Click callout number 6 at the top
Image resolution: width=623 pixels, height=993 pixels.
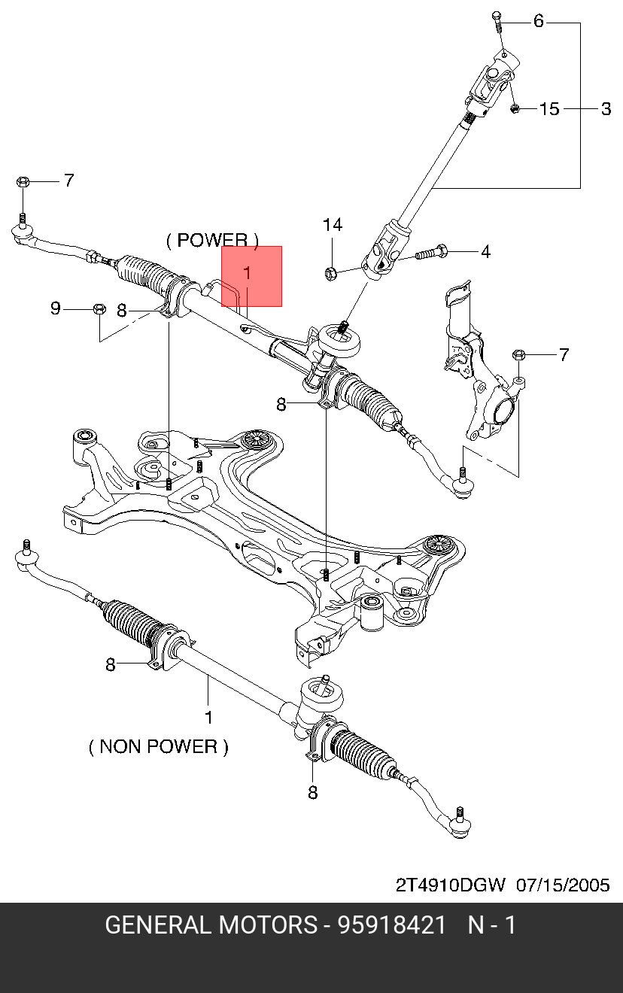(538, 21)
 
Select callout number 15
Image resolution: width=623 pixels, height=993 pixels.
(550, 109)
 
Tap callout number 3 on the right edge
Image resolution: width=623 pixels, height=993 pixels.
(606, 109)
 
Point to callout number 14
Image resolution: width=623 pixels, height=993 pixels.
(333, 225)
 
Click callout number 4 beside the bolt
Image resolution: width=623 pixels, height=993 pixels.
(485, 251)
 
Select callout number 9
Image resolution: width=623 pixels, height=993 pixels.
(55, 308)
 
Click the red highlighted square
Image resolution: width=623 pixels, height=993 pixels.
(251, 276)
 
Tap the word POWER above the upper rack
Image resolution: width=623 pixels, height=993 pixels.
(212, 241)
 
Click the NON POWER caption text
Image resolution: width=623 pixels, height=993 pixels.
(158, 746)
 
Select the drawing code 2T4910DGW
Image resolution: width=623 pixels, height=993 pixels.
(451, 884)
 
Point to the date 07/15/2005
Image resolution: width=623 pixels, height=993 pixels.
(563, 884)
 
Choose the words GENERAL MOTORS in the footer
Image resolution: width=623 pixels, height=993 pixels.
(211, 925)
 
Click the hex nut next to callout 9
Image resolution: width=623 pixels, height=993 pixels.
(99, 308)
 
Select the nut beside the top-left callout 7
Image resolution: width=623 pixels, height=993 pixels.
(23, 181)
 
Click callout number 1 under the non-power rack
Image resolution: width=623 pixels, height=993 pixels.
(208, 717)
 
